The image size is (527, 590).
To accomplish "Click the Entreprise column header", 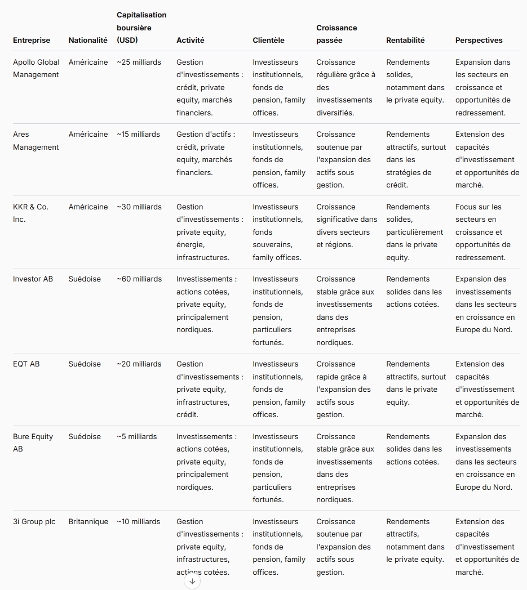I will tap(32, 41).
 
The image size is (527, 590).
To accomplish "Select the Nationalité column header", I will tap(88, 41).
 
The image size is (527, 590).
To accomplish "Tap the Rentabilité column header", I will tap(405, 41).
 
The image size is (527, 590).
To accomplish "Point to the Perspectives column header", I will tap(479, 41).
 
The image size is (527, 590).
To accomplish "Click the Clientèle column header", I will tap(268, 41).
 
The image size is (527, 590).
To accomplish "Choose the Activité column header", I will tap(190, 41).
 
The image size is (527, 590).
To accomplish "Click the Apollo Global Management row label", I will tap(36, 68).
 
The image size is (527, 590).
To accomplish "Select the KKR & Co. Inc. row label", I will tap(30, 213).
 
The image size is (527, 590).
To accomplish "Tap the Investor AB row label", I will tap(33, 279).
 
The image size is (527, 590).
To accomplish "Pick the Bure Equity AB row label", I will tap(33, 442).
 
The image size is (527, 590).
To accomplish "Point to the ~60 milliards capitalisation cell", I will tap(139, 279).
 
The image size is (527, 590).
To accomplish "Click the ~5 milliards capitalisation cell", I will tap(137, 436).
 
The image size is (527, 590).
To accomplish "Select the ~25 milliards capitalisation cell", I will tap(139, 62).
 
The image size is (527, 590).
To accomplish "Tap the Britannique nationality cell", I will tap(88, 521).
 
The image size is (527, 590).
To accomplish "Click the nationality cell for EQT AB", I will tap(85, 364).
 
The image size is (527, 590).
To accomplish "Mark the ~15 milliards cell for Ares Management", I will tap(139, 134).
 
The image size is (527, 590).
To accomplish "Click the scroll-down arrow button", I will tap(192, 581).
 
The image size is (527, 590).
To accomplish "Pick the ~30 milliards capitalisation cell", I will tap(139, 207).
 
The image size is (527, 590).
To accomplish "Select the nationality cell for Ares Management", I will tap(88, 134).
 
